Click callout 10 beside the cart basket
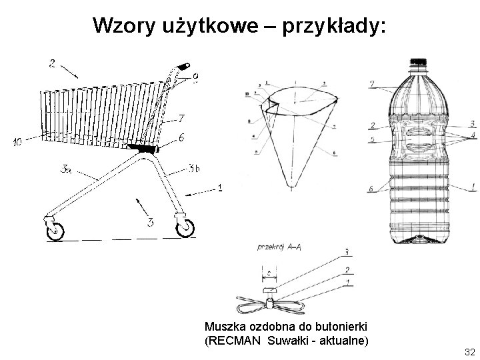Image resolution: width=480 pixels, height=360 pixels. (x=17, y=142)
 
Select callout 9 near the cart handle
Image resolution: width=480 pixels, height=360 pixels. (x=195, y=77)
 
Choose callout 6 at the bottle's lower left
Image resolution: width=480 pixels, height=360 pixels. (x=370, y=189)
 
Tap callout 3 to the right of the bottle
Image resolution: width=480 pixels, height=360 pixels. (x=472, y=123)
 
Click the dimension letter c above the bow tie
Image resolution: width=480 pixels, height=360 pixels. (x=267, y=272)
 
